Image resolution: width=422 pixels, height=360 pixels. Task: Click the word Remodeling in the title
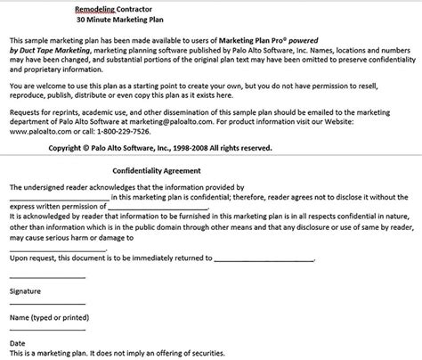[x=100, y=7]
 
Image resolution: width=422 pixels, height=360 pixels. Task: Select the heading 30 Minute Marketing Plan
[x=122, y=20]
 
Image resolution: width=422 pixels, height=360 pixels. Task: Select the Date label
[x=17, y=342]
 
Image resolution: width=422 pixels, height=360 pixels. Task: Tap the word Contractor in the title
[x=142, y=7]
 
